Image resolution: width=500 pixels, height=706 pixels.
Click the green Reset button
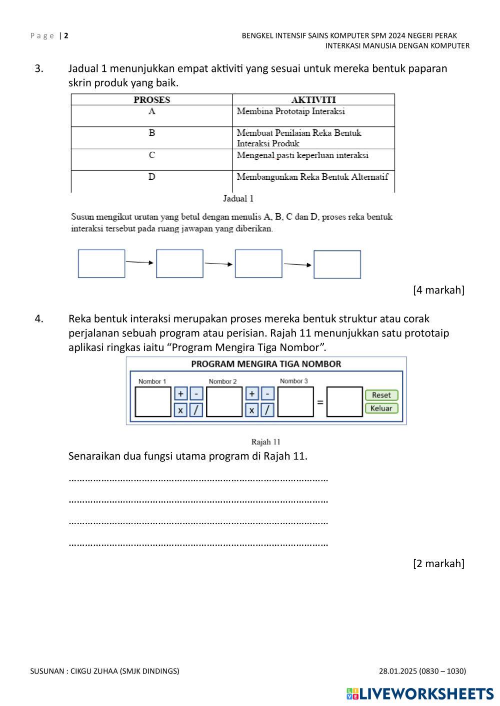point(381,395)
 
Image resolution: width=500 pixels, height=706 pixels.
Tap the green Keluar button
point(381,408)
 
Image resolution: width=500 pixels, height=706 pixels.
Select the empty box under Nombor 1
point(153,401)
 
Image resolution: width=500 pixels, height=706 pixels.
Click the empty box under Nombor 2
point(224,401)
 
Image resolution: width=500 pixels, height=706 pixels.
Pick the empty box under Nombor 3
point(295,401)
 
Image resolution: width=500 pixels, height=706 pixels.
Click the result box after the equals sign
point(344,401)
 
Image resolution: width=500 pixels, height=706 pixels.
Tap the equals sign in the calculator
point(320,402)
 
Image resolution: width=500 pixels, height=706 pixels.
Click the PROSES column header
point(152,100)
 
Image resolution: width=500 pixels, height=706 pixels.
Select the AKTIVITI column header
point(313,100)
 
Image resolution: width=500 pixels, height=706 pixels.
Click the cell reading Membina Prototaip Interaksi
point(290,111)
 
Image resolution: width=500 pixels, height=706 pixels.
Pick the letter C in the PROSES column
point(152,155)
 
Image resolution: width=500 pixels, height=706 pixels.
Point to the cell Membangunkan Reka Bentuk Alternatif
point(312,177)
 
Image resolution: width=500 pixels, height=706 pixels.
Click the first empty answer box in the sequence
point(101,264)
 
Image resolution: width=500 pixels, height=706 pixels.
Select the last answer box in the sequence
point(337,265)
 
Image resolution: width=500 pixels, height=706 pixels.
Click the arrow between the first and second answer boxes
point(140,262)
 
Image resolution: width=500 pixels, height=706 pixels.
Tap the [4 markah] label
point(438,290)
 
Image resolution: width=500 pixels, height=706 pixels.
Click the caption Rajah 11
point(265,442)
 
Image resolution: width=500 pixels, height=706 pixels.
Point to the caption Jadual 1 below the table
point(238,199)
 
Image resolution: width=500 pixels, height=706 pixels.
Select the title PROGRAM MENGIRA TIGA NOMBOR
point(266,364)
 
